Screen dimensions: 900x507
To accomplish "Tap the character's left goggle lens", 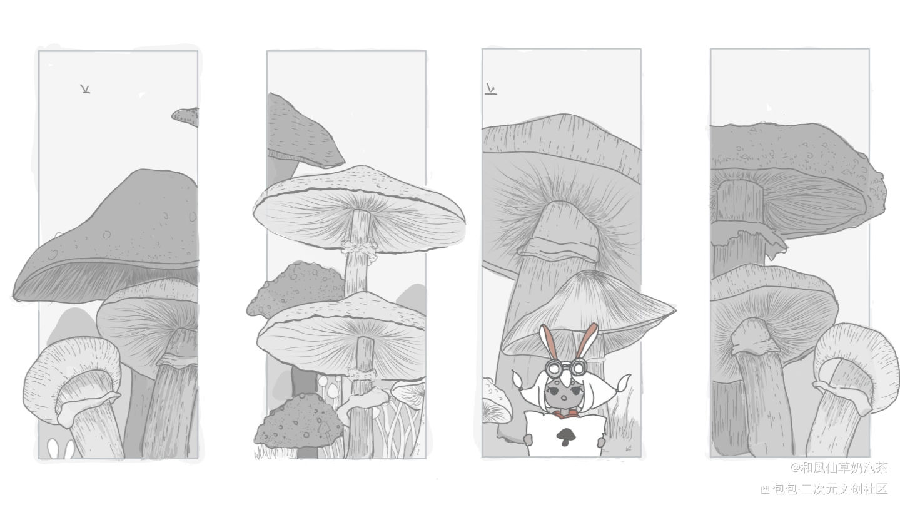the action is pyautogui.click(x=552, y=367).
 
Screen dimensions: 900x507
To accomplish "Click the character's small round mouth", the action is pyautogui.click(x=565, y=397).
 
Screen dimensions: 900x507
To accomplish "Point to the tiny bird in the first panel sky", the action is pyautogui.click(x=85, y=89).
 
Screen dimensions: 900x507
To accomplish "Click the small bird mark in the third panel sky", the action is pyautogui.click(x=490, y=89).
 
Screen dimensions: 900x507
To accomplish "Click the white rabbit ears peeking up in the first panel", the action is pyautogui.click(x=61, y=449).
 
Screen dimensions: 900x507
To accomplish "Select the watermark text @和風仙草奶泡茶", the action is pyautogui.click(x=839, y=467).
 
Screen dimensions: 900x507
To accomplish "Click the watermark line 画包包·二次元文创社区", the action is pyautogui.click(x=824, y=488).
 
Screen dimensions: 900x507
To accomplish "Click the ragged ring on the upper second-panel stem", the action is pyautogui.click(x=359, y=247).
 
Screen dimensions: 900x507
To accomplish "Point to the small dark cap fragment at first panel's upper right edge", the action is pyautogui.click(x=185, y=116).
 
